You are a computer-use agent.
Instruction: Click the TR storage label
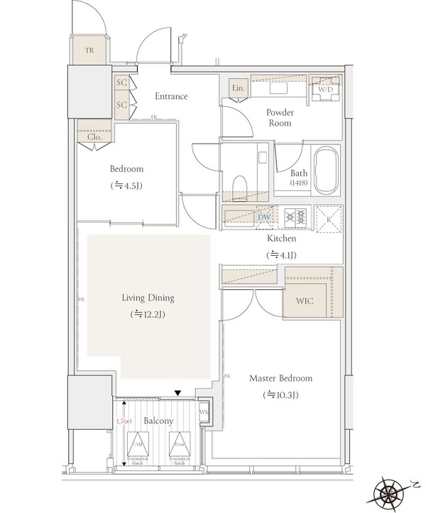tap(89, 51)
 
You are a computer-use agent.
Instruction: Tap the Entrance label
tap(170, 97)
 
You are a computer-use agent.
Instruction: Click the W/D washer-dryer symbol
tap(326, 90)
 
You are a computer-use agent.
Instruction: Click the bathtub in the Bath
tap(327, 171)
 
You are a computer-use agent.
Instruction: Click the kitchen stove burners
tap(294, 217)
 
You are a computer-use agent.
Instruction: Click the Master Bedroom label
tap(280, 378)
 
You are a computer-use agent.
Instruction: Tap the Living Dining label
tap(147, 298)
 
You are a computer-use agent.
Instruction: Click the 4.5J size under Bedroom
tap(128, 185)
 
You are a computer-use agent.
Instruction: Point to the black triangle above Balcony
tap(178, 393)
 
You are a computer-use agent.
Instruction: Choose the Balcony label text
tap(158, 421)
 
